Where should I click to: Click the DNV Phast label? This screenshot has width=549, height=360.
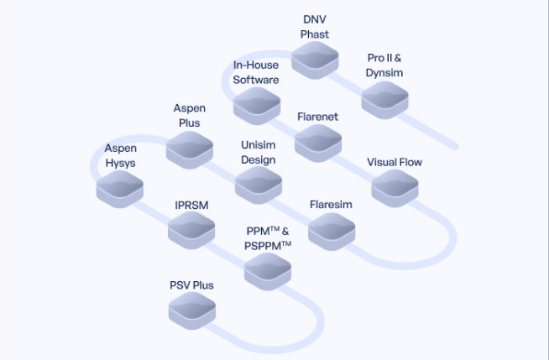click(315, 26)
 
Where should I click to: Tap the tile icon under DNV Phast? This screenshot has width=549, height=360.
click(316, 58)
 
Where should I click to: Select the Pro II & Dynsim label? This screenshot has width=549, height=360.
click(384, 65)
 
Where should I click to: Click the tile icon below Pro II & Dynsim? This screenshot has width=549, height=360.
click(384, 99)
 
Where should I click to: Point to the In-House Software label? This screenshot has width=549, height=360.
click(255, 72)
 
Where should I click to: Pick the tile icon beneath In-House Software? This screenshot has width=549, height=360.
click(257, 106)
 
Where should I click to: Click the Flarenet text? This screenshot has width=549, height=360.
click(317, 117)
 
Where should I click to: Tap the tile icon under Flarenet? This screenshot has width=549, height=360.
click(318, 143)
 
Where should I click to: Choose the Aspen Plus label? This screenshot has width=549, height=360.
click(190, 116)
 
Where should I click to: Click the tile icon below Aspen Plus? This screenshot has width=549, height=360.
click(190, 150)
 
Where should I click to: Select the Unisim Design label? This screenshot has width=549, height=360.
click(258, 152)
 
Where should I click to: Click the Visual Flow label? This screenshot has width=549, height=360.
click(395, 162)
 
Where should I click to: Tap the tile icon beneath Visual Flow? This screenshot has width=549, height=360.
click(395, 188)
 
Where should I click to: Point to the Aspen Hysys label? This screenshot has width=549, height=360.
click(120, 155)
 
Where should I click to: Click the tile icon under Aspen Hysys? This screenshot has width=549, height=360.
click(120, 190)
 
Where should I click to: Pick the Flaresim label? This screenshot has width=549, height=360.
click(331, 205)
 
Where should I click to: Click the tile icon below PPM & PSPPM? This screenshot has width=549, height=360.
click(268, 271)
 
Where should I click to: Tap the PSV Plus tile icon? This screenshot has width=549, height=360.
click(192, 311)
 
